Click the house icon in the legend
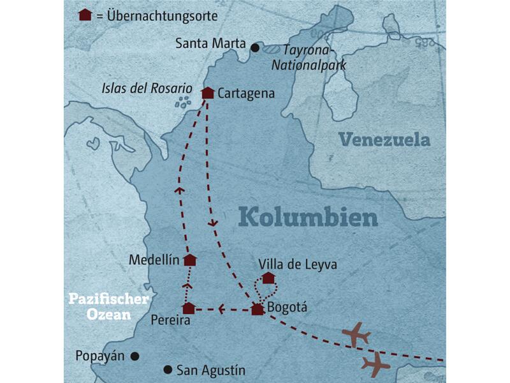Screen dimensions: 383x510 click(x=84, y=14)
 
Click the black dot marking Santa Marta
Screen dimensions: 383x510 click(x=255, y=47)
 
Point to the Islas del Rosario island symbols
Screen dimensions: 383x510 click(x=184, y=101)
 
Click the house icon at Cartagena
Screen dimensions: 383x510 click(x=207, y=93)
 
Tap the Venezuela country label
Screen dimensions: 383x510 click(x=384, y=140)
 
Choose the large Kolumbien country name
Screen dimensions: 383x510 click(x=308, y=218)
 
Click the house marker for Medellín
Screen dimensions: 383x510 click(x=189, y=260)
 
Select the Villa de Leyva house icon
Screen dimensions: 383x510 click(x=268, y=278)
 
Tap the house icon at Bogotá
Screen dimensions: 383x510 click(x=257, y=310)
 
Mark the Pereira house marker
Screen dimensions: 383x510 click(x=188, y=309)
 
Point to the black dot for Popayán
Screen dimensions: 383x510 click(x=135, y=356)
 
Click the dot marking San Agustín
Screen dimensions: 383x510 click(x=168, y=369)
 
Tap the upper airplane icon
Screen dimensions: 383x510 click(x=355, y=334)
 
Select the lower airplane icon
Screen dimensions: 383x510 click(x=375, y=364)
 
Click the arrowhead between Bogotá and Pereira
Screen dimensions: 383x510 click(x=221, y=310)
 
